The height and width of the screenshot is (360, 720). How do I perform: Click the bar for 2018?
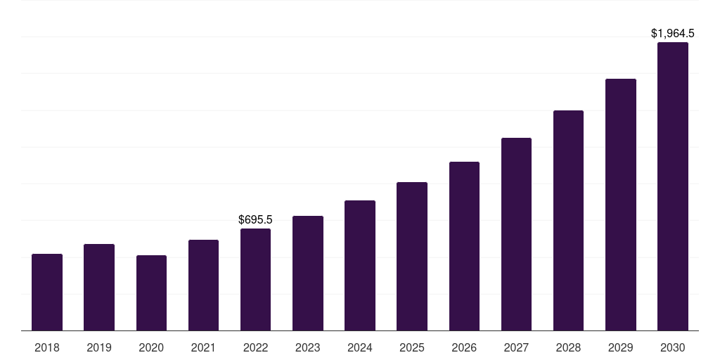coord(47,292)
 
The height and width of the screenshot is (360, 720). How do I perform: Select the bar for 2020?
coord(151,292)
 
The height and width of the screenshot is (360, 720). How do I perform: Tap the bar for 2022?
coord(255,279)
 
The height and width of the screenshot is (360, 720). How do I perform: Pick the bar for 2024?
coord(360,265)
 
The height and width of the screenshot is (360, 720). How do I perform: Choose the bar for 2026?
coord(464,246)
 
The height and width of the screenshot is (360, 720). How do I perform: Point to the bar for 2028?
coord(568,220)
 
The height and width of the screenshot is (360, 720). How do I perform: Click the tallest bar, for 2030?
coord(673,186)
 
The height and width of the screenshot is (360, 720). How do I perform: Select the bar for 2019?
coord(99,287)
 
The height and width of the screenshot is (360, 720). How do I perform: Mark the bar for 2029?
coord(621,205)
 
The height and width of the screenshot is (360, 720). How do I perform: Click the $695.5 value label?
coord(255,220)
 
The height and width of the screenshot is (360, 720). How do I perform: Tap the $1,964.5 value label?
coord(673,33)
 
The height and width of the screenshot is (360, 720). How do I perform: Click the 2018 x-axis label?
coord(47,347)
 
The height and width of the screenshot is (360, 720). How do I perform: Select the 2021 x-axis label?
coord(203,347)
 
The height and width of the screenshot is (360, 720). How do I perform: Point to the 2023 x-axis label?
coord(308,347)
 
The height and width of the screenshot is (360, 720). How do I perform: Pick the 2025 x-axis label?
coord(412,347)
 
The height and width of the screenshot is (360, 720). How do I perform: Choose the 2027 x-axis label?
coord(516,347)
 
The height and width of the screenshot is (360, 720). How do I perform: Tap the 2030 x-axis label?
coord(673,347)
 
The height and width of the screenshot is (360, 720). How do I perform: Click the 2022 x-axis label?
coord(255,347)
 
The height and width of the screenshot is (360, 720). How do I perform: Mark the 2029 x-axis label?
coord(621,347)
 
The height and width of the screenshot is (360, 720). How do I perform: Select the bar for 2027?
coord(516,234)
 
